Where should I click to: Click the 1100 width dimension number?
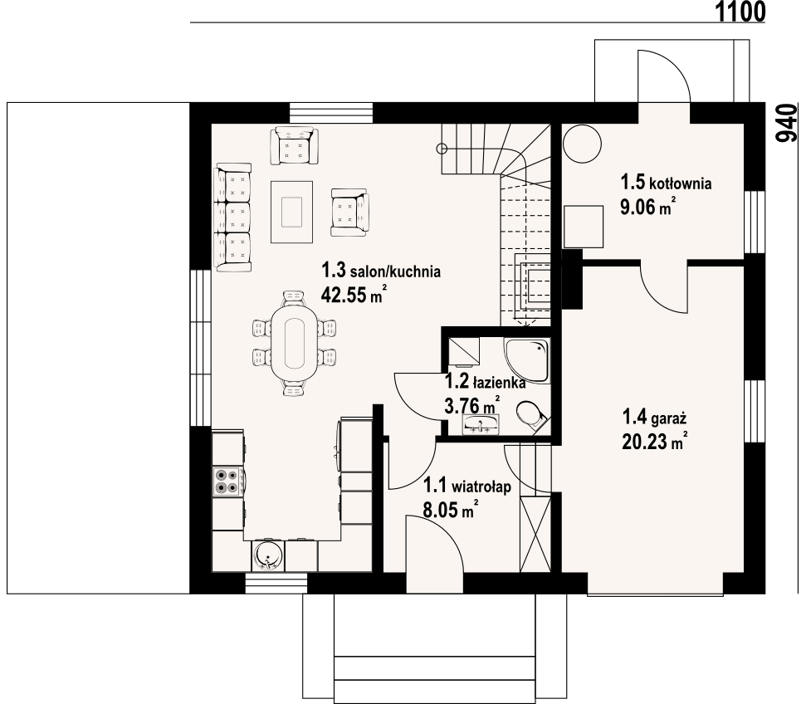[740, 12]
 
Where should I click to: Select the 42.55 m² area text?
[354, 295]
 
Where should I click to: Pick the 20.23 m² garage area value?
[655, 442]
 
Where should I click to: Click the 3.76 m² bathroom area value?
[471, 405]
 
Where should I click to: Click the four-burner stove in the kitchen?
[227, 482]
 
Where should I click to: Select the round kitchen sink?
[267, 556]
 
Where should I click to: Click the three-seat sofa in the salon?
[233, 218]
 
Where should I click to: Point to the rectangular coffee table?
[292, 212]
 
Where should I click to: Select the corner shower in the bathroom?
[527, 361]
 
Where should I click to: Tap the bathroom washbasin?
[481, 425]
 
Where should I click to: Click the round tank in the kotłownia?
[582, 143]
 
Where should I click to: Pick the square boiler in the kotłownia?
[584, 227]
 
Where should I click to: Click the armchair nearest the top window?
[294, 145]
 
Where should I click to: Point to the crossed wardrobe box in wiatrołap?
[535, 535]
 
